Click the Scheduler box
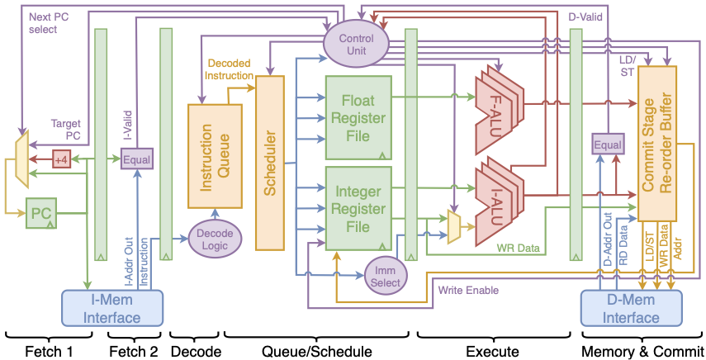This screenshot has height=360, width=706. [x=270, y=163]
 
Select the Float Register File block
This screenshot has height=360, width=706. [x=358, y=117]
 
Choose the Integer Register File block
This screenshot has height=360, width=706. [x=358, y=208]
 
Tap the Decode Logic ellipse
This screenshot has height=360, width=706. [x=215, y=238]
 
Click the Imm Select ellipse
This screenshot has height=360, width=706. [x=386, y=276]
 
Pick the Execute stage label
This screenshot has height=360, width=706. [x=492, y=351]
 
